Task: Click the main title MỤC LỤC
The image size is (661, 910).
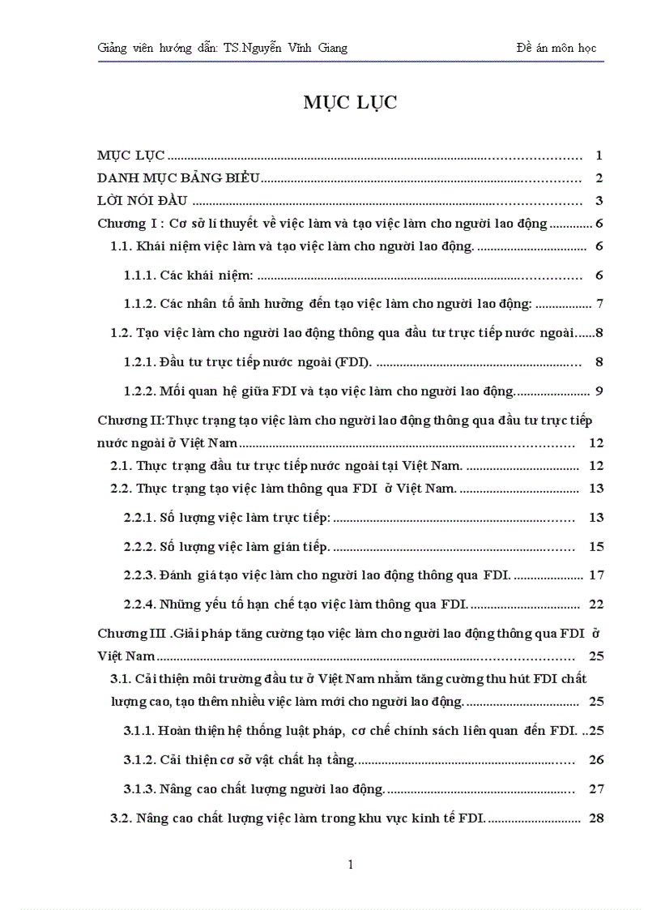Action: pos(351,102)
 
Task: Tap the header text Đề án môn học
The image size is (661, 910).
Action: pos(556,48)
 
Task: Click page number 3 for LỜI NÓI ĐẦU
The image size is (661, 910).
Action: pos(599,201)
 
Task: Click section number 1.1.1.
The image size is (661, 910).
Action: pos(139,276)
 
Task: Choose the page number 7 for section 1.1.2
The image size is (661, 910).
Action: pos(599,304)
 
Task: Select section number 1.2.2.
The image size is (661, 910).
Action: pos(139,391)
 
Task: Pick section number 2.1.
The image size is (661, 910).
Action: pos(121,466)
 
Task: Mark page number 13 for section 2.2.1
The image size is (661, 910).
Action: pos(597,517)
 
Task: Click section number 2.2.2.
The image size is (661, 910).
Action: pos(139,547)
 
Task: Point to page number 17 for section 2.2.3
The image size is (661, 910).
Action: pos(597,575)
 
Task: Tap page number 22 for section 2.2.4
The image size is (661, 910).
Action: pos(597,604)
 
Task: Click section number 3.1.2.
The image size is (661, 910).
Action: pos(139,759)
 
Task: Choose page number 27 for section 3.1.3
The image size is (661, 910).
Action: pos(597,788)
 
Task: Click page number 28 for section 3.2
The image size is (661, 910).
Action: pos(597,818)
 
